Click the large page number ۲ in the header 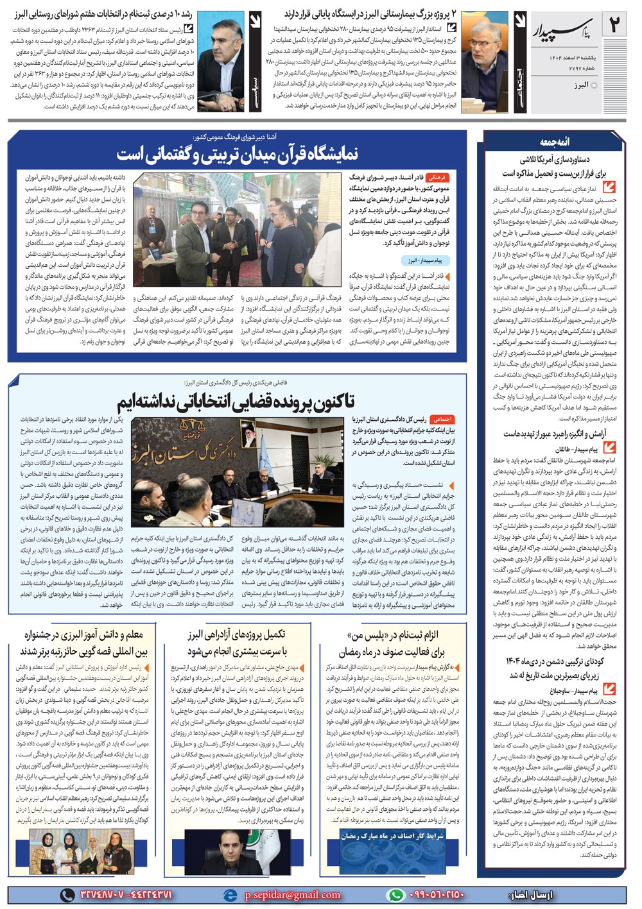click(615, 26)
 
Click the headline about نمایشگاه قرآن click(238, 155)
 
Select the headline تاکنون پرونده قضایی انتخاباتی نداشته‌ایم click(235, 401)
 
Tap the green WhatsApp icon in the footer click(394, 895)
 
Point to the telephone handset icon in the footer click(67, 895)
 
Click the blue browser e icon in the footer click(229, 895)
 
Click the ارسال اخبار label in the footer click(530, 895)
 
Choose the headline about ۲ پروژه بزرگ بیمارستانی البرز click(370, 13)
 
